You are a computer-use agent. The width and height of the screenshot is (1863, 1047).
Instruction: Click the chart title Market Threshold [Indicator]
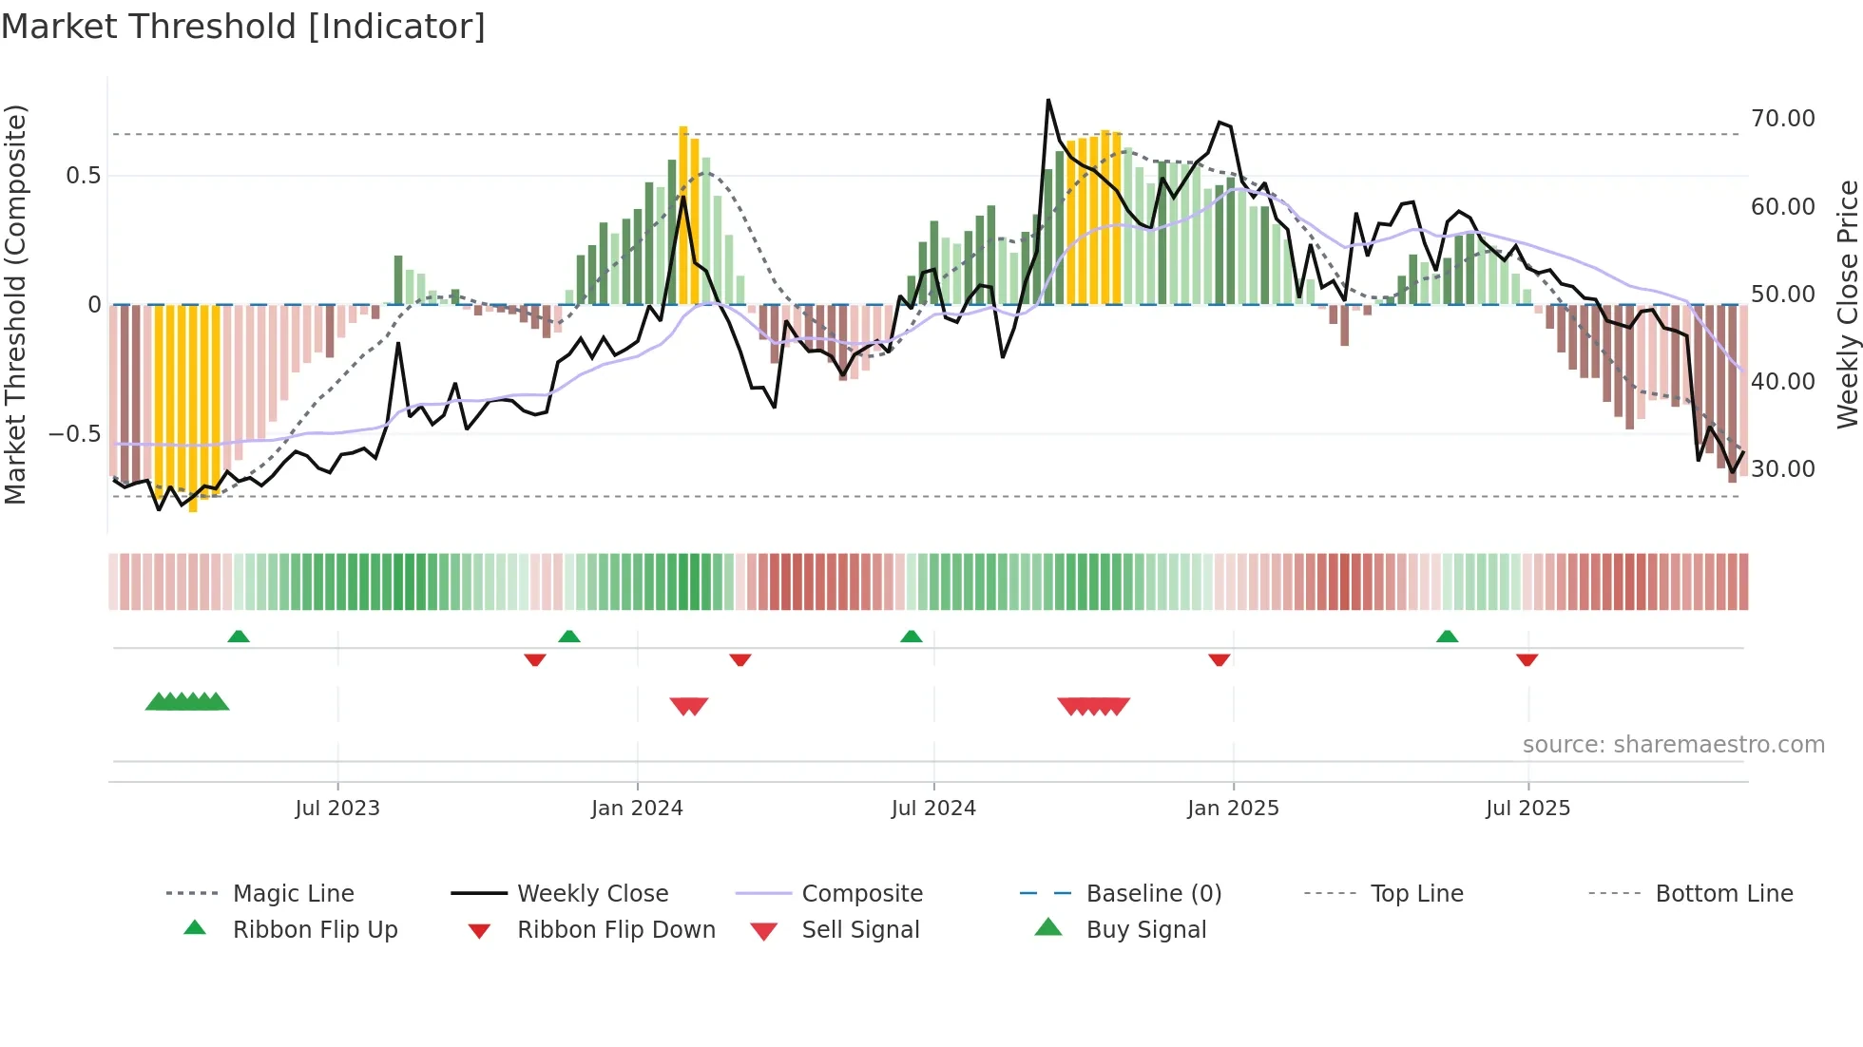pos(243,27)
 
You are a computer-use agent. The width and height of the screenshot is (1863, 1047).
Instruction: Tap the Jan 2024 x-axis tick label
pos(637,809)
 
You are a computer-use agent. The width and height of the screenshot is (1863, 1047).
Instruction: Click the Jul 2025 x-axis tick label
pos(1527,809)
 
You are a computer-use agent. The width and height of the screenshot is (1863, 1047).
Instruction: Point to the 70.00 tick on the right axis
pos(1782,119)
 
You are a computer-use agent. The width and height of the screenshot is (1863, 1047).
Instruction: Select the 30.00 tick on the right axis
pos(1782,469)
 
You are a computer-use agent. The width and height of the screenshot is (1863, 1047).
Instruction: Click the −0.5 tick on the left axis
pos(74,434)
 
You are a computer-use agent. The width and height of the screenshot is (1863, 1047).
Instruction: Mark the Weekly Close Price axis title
pos(1847,304)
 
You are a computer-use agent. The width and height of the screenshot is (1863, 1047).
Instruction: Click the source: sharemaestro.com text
pos(1673,745)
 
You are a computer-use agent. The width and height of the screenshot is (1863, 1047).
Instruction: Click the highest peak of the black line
pos(1048,101)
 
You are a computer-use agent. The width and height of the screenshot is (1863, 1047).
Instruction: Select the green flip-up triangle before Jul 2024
pos(911,636)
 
